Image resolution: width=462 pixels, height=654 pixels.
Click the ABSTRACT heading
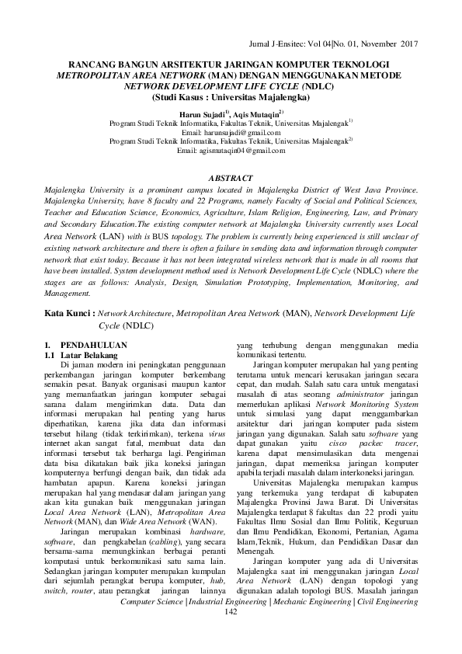231,178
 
